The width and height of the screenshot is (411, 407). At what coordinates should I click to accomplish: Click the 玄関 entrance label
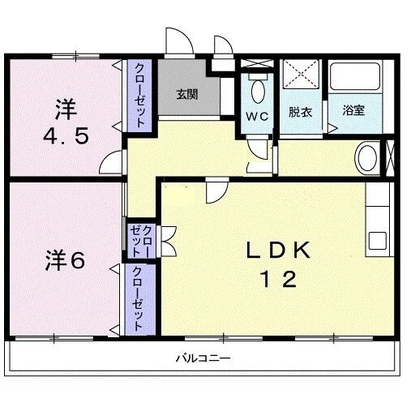[x=187, y=93]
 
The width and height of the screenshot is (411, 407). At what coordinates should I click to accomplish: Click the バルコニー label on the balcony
[x=203, y=358]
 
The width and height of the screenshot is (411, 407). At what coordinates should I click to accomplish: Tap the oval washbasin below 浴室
[x=366, y=156]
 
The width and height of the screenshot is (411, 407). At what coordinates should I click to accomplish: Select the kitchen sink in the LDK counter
[x=378, y=241]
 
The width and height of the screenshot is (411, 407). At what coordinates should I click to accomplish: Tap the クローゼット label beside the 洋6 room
[x=139, y=297]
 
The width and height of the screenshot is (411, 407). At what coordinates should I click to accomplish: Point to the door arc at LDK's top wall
[x=215, y=192]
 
